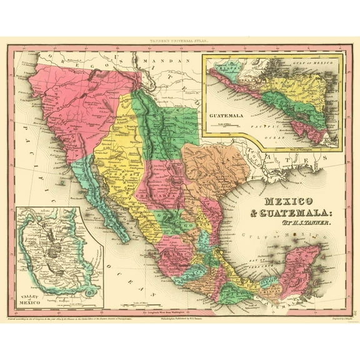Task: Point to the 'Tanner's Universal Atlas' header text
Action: tap(179, 41)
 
